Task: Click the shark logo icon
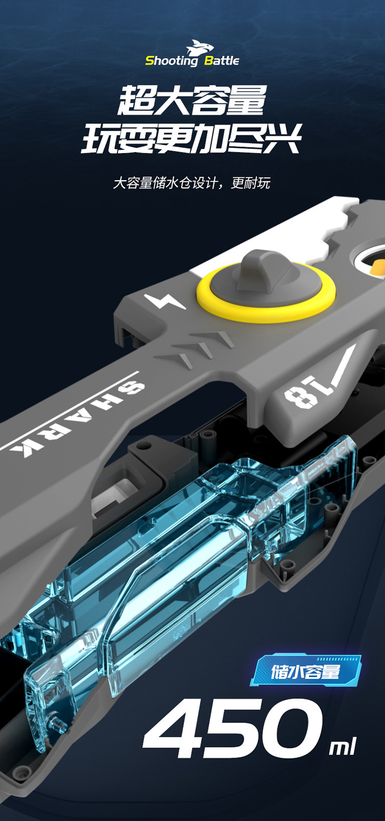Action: pos(200,47)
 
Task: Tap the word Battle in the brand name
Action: pos(221,60)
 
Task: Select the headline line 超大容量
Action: pos(192,100)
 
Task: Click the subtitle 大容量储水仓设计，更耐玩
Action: pos(192,183)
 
